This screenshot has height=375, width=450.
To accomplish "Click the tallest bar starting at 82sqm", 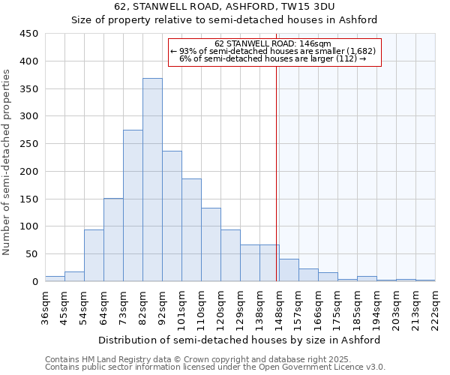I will tap(152, 180).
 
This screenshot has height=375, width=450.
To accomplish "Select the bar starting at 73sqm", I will tap(133, 205).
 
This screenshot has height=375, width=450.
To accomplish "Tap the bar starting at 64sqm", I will tap(113, 240).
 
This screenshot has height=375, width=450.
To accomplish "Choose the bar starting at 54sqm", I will tap(94, 255).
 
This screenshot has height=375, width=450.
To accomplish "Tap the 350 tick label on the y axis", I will tap(29, 88).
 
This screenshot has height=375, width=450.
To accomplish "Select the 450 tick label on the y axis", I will tap(29, 34).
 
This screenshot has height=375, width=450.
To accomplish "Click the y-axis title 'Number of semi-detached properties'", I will tap(7, 162).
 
